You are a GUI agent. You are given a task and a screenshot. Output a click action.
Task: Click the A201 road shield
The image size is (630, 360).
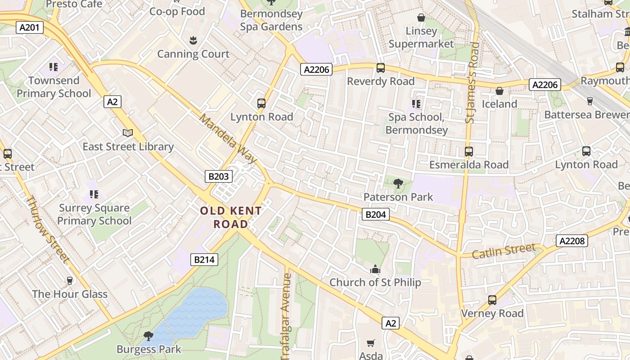tap(30, 27)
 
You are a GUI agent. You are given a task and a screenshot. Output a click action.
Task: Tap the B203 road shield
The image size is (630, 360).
tap(219, 176)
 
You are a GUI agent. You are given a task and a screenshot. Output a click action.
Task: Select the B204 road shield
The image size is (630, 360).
tap(375, 215)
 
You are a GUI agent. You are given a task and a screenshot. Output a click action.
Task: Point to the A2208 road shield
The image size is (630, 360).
tap(572, 241)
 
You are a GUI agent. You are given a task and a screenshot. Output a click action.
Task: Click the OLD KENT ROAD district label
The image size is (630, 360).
tap(230, 217)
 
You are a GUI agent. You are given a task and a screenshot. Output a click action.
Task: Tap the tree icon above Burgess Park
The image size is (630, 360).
tap(148, 336)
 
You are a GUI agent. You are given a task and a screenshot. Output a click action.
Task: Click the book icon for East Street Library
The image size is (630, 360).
tap(128, 133)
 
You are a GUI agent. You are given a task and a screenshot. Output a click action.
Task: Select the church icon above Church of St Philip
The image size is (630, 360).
tap(375, 270)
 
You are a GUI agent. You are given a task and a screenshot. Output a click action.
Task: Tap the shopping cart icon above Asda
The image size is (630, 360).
tap(371, 343)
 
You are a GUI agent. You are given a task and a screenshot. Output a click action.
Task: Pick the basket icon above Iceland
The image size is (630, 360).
tap(499, 91)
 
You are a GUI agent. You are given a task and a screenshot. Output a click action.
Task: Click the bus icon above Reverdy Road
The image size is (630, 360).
tap(380, 68)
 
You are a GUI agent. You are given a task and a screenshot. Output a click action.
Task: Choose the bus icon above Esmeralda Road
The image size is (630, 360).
tap(468, 151)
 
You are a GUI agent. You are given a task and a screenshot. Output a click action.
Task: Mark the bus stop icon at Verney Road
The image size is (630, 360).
tap(492, 300)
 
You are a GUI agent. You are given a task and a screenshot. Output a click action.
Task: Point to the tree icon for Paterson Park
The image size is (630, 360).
tap(398, 183)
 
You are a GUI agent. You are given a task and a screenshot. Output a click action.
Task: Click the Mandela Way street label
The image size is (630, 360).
tap(228, 139)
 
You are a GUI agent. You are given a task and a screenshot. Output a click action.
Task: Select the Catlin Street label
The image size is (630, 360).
tap(504, 251)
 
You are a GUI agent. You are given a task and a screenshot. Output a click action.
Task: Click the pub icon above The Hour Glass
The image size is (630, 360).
tap(69, 281)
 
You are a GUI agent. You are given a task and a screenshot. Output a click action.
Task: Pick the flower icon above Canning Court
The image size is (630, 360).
tap(193, 40)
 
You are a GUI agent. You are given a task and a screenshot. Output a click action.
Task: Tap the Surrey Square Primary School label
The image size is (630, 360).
tap(94, 214)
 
